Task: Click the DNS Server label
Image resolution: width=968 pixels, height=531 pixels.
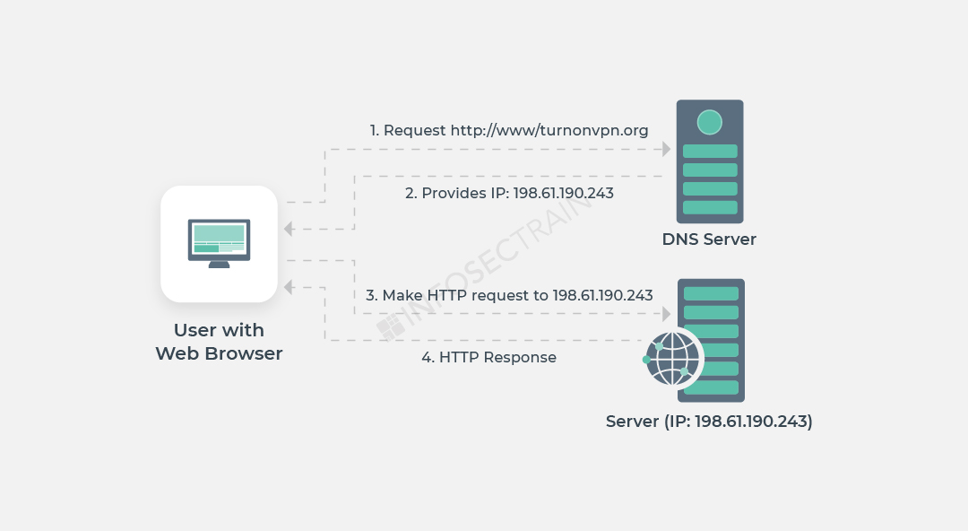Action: (709, 239)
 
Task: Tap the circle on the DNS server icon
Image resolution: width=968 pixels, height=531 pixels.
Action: (710, 122)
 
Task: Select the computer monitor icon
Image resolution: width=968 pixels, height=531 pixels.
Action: (219, 240)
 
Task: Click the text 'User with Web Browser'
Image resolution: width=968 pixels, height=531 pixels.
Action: (219, 342)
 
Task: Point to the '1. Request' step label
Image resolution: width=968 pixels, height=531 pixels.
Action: (408, 131)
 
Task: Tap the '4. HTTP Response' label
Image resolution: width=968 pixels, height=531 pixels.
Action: (488, 358)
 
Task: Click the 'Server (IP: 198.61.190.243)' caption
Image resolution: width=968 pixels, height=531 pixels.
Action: (709, 422)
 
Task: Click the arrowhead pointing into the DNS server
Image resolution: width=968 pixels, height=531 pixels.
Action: (667, 149)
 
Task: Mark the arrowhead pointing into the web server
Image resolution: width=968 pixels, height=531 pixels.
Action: (667, 313)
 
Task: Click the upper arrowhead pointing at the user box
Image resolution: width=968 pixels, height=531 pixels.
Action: (289, 230)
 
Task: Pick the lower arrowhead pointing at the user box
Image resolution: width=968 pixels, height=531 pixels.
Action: (289, 287)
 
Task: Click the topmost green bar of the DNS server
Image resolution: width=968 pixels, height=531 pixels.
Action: (710, 152)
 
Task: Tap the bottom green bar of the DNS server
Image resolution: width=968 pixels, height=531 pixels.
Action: (710, 207)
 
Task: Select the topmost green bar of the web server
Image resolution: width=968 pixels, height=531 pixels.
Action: (711, 294)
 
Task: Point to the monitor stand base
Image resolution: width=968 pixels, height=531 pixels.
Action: (219, 265)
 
